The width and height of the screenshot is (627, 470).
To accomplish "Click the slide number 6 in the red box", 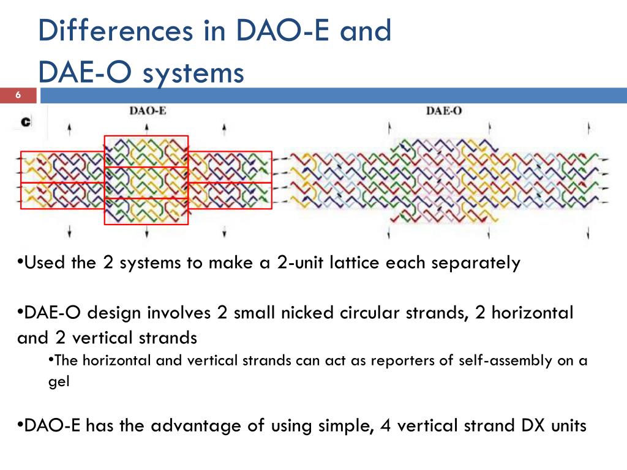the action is (x=18, y=95).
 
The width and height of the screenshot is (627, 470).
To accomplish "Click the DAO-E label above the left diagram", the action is (x=148, y=111).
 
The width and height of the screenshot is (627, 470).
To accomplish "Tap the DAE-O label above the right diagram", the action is (x=443, y=111).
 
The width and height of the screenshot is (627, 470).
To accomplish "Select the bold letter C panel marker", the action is (x=26, y=122).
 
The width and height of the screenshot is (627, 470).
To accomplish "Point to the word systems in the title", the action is (x=193, y=73).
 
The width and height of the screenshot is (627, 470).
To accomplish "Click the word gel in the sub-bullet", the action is (x=59, y=382).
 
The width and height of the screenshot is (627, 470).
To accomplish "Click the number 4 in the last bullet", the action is (x=385, y=426).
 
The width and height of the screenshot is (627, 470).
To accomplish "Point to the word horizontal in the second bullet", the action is (x=532, y=313).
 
